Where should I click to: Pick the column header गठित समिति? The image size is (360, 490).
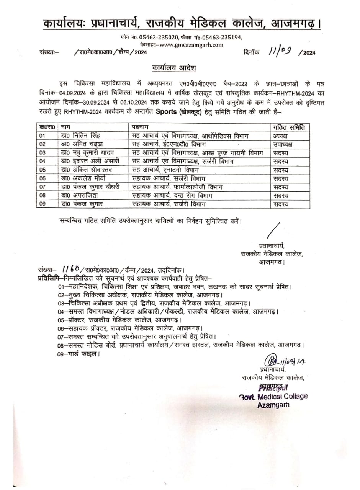289,127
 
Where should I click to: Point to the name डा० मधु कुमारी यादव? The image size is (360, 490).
88,153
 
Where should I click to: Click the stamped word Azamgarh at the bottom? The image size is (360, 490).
273,405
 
